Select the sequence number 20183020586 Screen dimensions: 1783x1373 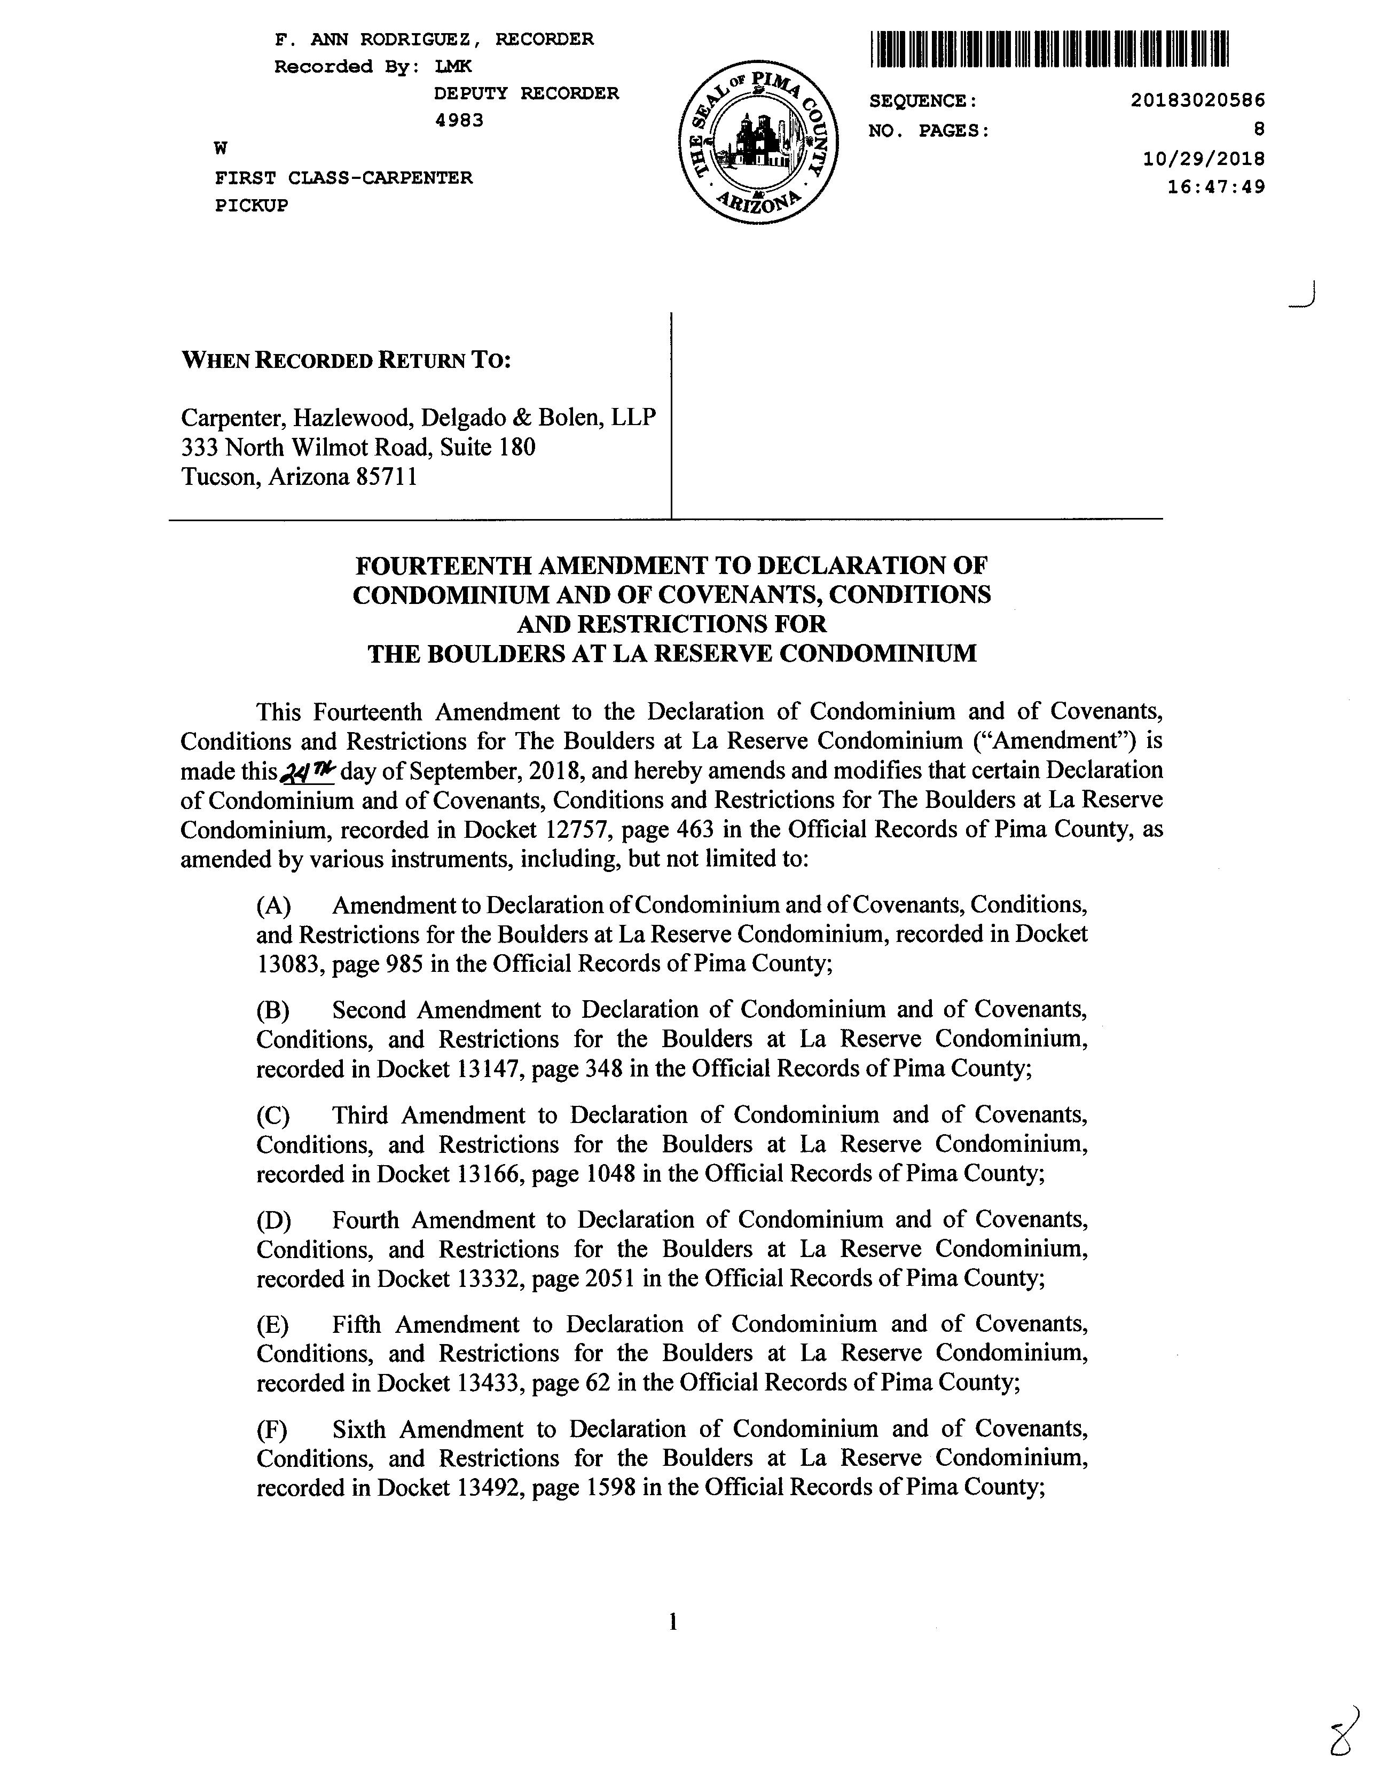tap(1197, 100)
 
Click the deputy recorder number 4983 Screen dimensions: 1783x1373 tap(459, 121)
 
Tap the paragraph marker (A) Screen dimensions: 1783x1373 tap(273, 905)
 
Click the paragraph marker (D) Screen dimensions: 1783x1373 tap(273, 1221)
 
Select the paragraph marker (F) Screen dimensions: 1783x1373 tap(272, 1429)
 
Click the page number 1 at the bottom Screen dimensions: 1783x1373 tap(673, 1623)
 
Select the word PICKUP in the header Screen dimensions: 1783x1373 tap(252, 206)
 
